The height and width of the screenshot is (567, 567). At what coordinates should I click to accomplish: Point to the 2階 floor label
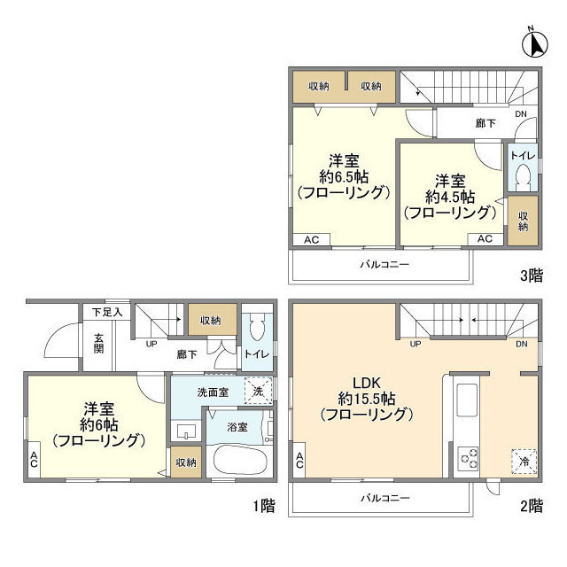pos(531,506)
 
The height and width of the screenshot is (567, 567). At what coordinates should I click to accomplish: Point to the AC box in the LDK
pos(299,461)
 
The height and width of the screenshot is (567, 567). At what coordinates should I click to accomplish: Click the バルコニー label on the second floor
pos(384,498)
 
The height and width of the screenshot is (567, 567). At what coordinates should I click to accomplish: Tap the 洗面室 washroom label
pos(214,391)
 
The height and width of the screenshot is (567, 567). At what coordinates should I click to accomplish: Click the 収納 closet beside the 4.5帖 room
pos(522,221)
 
